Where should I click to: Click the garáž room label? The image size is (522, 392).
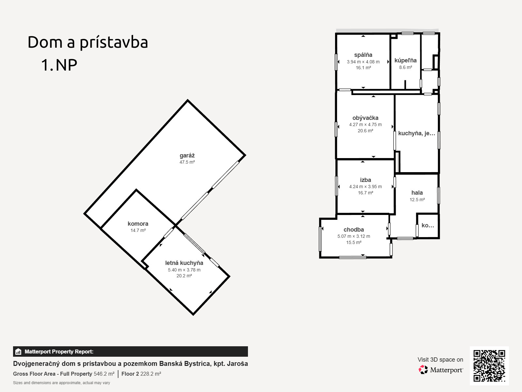pyautogui.click(x=187, y=156)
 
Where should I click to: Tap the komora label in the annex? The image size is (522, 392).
pyautogui.click(x=138, y=224)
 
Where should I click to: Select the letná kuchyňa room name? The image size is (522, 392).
pyautogui.click(x=184, y=263)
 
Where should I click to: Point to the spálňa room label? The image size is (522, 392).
pyautogui.click(x=363, y=55)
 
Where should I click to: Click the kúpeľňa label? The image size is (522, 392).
pyautogui.click(x=406, y=60)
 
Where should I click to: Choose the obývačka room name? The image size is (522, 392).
pyautogui.click(x=365, y=118)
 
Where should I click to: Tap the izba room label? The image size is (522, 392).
pyautogui.click(x=365, y=180)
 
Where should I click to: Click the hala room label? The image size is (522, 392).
pyautogui.click(x=417, y=192)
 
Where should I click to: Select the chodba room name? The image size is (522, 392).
pyautogui.click(x=354, y=230)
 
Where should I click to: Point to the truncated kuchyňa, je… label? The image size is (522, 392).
pyautogui.click(x=417, y=133)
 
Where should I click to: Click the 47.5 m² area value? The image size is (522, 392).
pyautogui.click(x=187, y=162)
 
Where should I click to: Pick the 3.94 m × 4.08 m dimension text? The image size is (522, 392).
pyautogui.click(x=363, y=62)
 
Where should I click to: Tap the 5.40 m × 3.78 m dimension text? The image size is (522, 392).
pyautogui.click(x=184, y=270)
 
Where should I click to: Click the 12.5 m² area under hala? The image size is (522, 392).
pyautogui.click(x=417, y=200)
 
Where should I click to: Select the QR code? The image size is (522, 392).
pyautogui.click(x=489, y=366)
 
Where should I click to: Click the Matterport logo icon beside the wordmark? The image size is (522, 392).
pyautogui.click(x=423, y=370)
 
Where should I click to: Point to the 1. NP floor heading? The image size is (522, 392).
pyautogui.click(x=59, y=65)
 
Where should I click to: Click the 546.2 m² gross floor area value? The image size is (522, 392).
pyautogui.click(x=104, y=374)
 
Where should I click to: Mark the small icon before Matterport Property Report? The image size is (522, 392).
pyautogui.click(x=18, y=351)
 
